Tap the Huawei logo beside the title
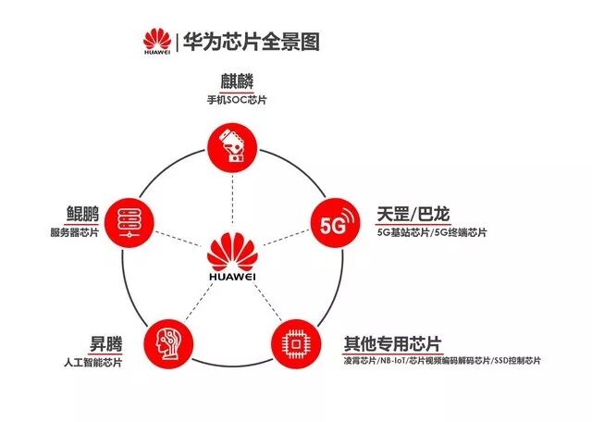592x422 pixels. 155,41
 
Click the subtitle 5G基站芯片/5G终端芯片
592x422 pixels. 432,232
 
